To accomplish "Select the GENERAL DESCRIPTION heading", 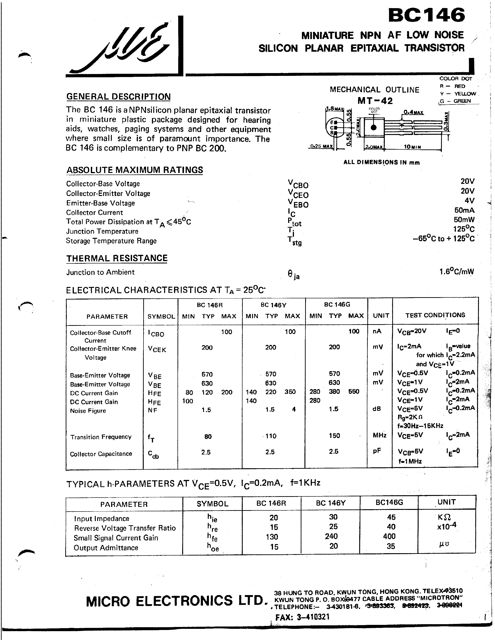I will click(119, 97).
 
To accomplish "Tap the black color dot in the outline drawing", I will click(374, 128).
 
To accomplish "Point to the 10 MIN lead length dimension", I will click(412, 147).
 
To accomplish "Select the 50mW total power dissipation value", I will click(464, 219).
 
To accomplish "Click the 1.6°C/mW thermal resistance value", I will click(457, 272).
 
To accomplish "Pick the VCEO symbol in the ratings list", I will click(298, 194).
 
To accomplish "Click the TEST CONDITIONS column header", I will click(435, 315).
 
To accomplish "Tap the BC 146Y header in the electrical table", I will click(273, 305).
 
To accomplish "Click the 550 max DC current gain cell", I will click(354, 391).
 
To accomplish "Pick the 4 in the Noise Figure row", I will click(294, 409).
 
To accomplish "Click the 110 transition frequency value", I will click(271, 436).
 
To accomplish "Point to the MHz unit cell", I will click(379, 435).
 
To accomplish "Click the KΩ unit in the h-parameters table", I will click(444, 517).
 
